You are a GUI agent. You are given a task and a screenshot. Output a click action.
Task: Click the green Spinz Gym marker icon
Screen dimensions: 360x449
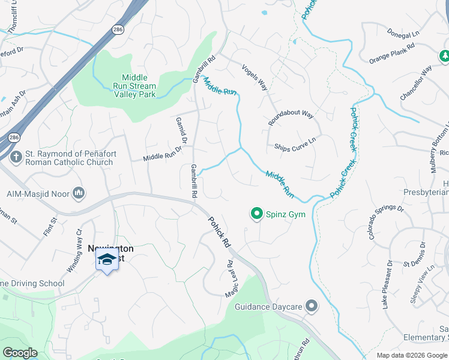[x=257, y=214]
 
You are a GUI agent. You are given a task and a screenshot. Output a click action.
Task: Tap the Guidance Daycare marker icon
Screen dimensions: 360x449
[x=311, y=307]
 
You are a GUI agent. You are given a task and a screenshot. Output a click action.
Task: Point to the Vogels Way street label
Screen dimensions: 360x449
[x=255, y=77]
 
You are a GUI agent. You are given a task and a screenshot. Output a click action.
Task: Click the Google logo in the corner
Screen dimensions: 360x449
[x=20, y=353]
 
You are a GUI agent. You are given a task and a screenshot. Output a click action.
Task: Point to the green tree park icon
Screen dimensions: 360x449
[x=444, y=56]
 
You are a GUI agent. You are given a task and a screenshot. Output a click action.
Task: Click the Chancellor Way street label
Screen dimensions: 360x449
[x=416, y=83]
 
